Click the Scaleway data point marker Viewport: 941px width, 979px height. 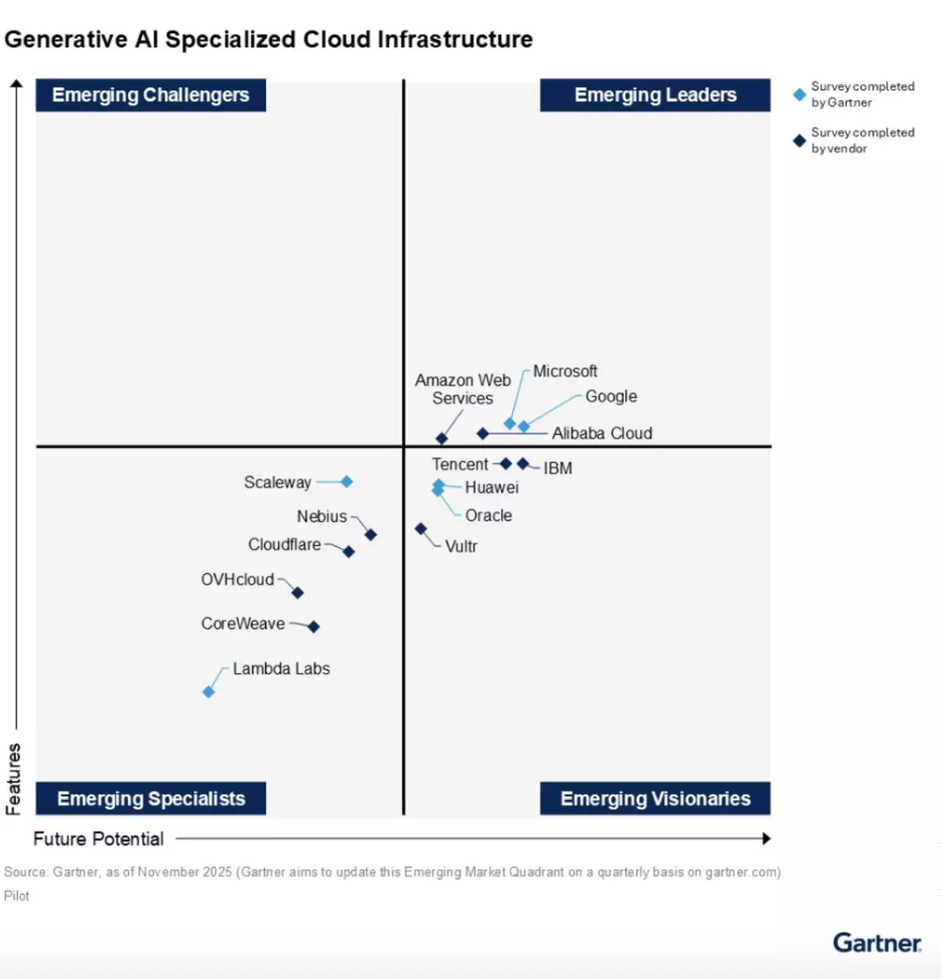point(347,482)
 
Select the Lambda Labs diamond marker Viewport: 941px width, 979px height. point(209,692)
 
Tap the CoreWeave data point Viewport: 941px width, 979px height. point(314,626)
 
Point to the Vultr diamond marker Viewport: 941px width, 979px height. point(421,530)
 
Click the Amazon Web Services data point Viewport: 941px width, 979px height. point(441,439)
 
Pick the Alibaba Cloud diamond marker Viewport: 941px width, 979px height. point(483,433)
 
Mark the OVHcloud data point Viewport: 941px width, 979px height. point(297,593)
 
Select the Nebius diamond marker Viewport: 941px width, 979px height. point(371,535)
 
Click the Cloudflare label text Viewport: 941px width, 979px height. point(284,544)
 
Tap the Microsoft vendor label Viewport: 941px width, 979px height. point(565,371)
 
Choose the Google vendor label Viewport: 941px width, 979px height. point(611,396)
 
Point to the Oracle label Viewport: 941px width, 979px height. point(488,515)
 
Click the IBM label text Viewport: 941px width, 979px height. point(558,468)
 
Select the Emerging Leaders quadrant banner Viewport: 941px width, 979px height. point(655,95)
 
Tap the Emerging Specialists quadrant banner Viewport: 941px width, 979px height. point(151,799)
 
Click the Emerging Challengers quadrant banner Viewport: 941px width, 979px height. point(151,95)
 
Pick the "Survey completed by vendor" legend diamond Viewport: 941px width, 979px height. point(799,141)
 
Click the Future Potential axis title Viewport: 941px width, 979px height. point(99,839)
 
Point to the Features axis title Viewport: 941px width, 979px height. point(13,778)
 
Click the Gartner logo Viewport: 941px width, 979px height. point(877,942)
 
